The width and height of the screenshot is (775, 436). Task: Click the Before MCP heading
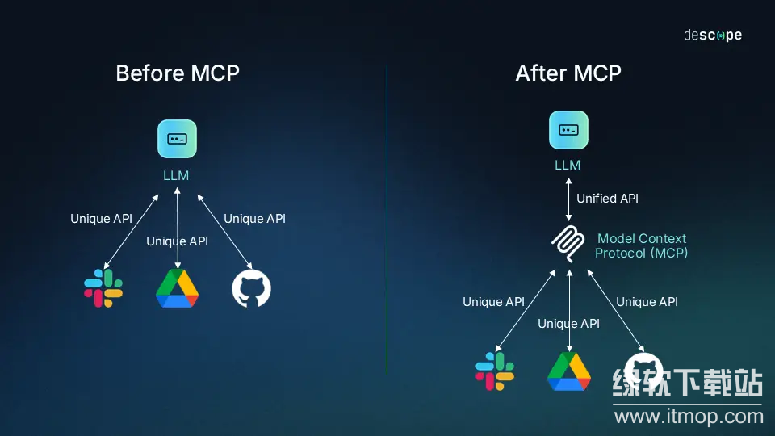pos(178,73)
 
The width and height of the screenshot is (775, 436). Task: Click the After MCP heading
pos(568,73)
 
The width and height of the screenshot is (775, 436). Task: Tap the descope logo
pos(712,36)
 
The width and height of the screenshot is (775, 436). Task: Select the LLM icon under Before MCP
pos(178,138)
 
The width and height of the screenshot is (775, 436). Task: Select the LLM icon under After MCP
pos(568,130)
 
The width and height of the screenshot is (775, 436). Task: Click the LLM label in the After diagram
pos(568,165)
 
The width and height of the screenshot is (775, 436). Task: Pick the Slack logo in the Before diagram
pos(103,288)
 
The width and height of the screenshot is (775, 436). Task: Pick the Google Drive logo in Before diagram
pos(177,288)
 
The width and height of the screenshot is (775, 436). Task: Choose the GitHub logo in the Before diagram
pos(251,288)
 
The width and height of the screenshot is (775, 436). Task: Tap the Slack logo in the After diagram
pos(495,371)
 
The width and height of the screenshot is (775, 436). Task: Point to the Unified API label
pos(607,198)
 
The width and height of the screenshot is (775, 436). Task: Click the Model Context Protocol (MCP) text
pos(641,245)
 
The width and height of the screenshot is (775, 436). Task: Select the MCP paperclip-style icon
pos(568,245)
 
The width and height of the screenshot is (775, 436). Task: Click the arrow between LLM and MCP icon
pos(568,198)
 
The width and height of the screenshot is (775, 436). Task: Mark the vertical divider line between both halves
pos(387,218)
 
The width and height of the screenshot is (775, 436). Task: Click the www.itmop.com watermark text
pos(689,417)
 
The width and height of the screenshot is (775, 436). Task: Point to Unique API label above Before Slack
pos(101,219)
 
